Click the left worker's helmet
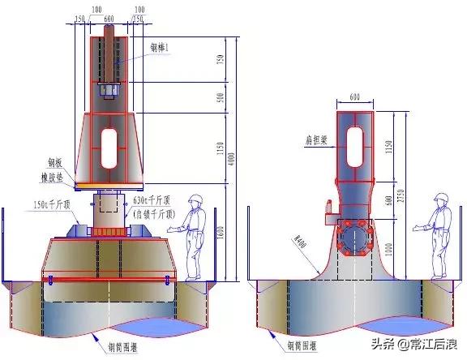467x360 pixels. [x=195, y=199]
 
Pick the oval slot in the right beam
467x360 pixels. [x=357, y=149]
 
